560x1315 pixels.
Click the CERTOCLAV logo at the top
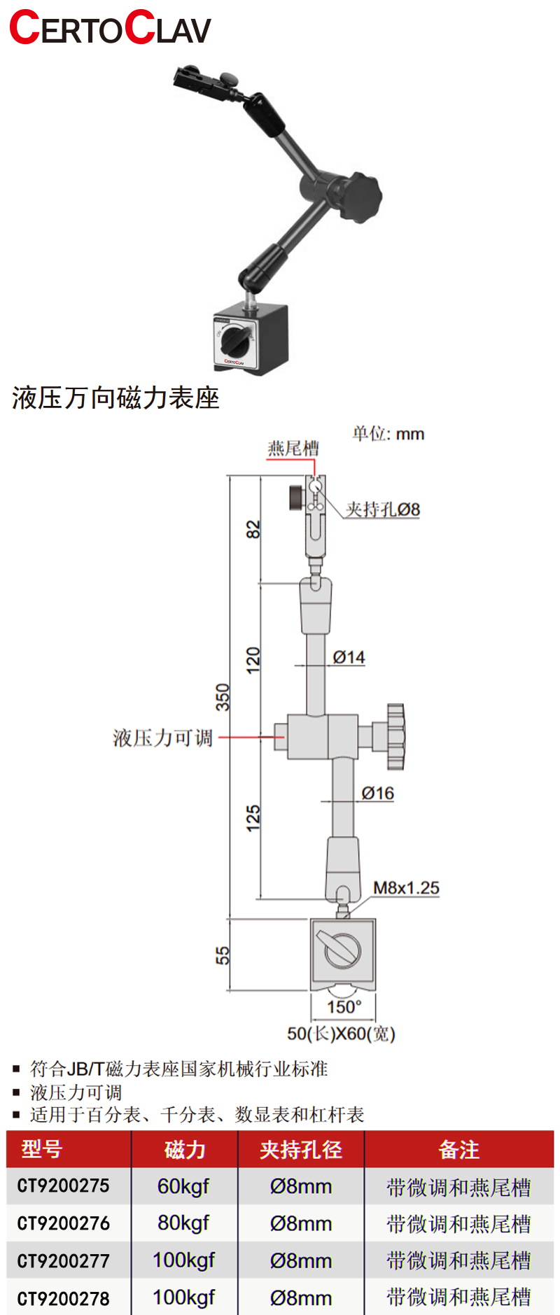110,28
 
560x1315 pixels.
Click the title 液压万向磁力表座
115,398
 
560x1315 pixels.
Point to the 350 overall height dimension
223,697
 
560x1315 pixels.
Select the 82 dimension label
253,529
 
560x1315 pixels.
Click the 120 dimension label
253,660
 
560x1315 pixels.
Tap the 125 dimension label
253,818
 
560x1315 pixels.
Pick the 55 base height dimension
223,955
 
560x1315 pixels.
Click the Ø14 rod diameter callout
349,657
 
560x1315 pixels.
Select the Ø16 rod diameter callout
377,793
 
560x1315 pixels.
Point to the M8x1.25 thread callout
406,888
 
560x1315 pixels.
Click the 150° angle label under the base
344,1006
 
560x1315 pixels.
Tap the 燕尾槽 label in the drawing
293,448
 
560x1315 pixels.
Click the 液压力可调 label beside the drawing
162,738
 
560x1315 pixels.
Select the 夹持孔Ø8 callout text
383,509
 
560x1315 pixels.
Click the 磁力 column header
185,1149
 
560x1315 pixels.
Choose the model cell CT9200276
64,1223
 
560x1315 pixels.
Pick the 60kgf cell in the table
183,1186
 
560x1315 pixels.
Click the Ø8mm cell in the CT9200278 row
301,1298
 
